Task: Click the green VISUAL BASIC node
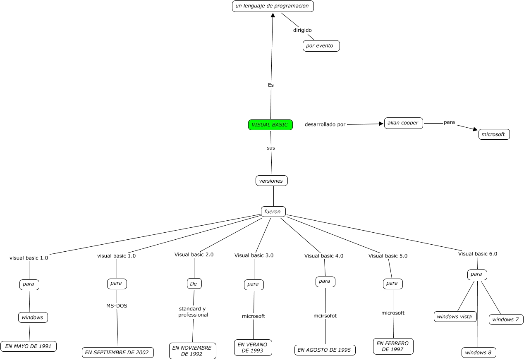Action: pos(270,125)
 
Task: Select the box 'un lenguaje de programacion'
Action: pos(273,6)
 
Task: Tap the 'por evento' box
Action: pos(321,46)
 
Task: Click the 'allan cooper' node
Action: pos(403,123)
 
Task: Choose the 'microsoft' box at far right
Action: pos(494,134)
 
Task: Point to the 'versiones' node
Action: pos(271,181)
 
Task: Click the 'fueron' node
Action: pos(273,212)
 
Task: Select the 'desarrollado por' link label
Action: pos(325,124)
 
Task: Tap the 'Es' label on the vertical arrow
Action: pos(271,85)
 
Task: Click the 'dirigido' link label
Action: pos(302,30)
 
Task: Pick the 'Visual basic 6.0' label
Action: pos(477,254)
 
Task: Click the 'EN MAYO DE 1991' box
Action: pos(28,346)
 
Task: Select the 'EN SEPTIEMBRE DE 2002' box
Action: pos(118,352)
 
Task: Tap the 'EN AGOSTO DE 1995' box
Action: pos(325,350)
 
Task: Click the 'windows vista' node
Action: pos(455,317)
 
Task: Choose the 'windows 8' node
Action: pos(479,353)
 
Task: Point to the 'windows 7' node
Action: pos(506,319)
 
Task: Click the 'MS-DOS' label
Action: pos(117,306)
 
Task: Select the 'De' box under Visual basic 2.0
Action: pos(194,284)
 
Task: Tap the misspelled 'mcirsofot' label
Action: pos(325,316)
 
